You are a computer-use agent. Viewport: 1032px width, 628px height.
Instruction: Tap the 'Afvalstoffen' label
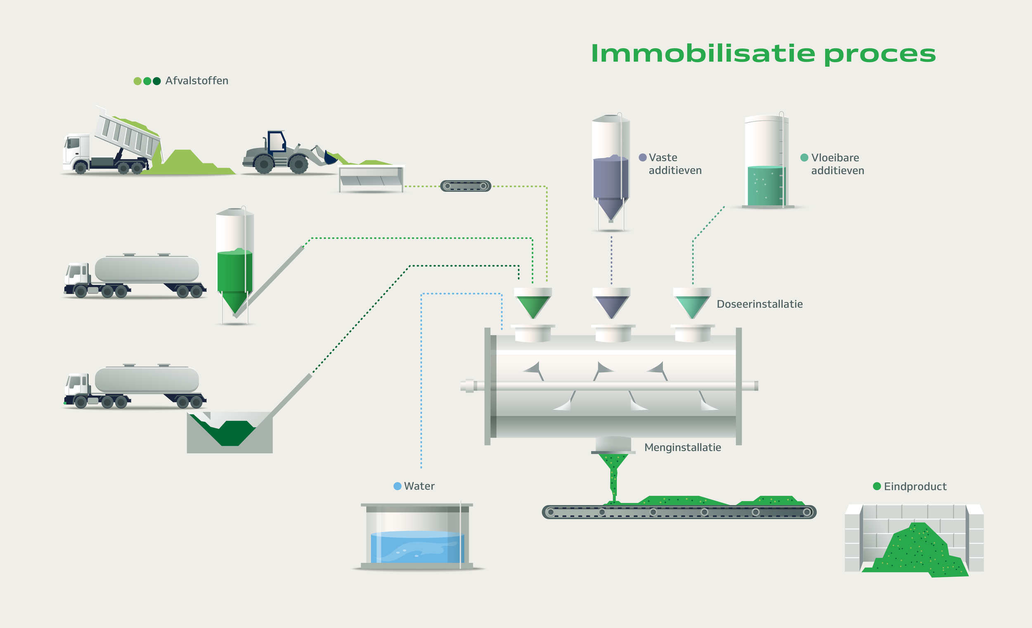tap(196, 81)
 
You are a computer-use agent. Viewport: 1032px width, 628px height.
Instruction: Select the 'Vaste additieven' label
tap(675, 164)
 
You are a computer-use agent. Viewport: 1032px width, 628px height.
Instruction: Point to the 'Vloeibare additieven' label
tap(837, 164)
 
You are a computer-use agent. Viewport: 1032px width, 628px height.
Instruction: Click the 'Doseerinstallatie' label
tap(759, 305)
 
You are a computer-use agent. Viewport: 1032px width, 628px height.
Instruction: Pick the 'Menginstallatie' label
tap(682, 448)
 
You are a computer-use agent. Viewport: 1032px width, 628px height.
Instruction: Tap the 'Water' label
tap(419, 486)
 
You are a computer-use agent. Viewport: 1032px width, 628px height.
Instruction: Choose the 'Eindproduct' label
tap(915, 486)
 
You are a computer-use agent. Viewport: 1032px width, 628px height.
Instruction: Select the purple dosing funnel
tap(611, 305)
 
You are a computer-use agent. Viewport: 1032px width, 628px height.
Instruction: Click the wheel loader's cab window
tap(276, 142)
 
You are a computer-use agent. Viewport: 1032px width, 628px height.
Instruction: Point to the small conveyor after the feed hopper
tap(465, 186)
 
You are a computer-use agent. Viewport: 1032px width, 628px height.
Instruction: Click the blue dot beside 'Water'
tap(398, 486)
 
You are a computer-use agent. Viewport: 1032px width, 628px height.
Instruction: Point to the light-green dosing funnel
tap(692, 305)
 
